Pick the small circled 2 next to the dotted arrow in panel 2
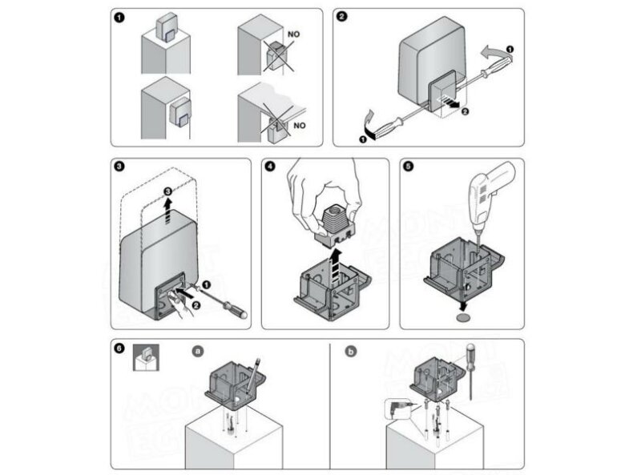462,112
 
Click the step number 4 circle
270,167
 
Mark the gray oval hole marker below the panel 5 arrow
463,318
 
